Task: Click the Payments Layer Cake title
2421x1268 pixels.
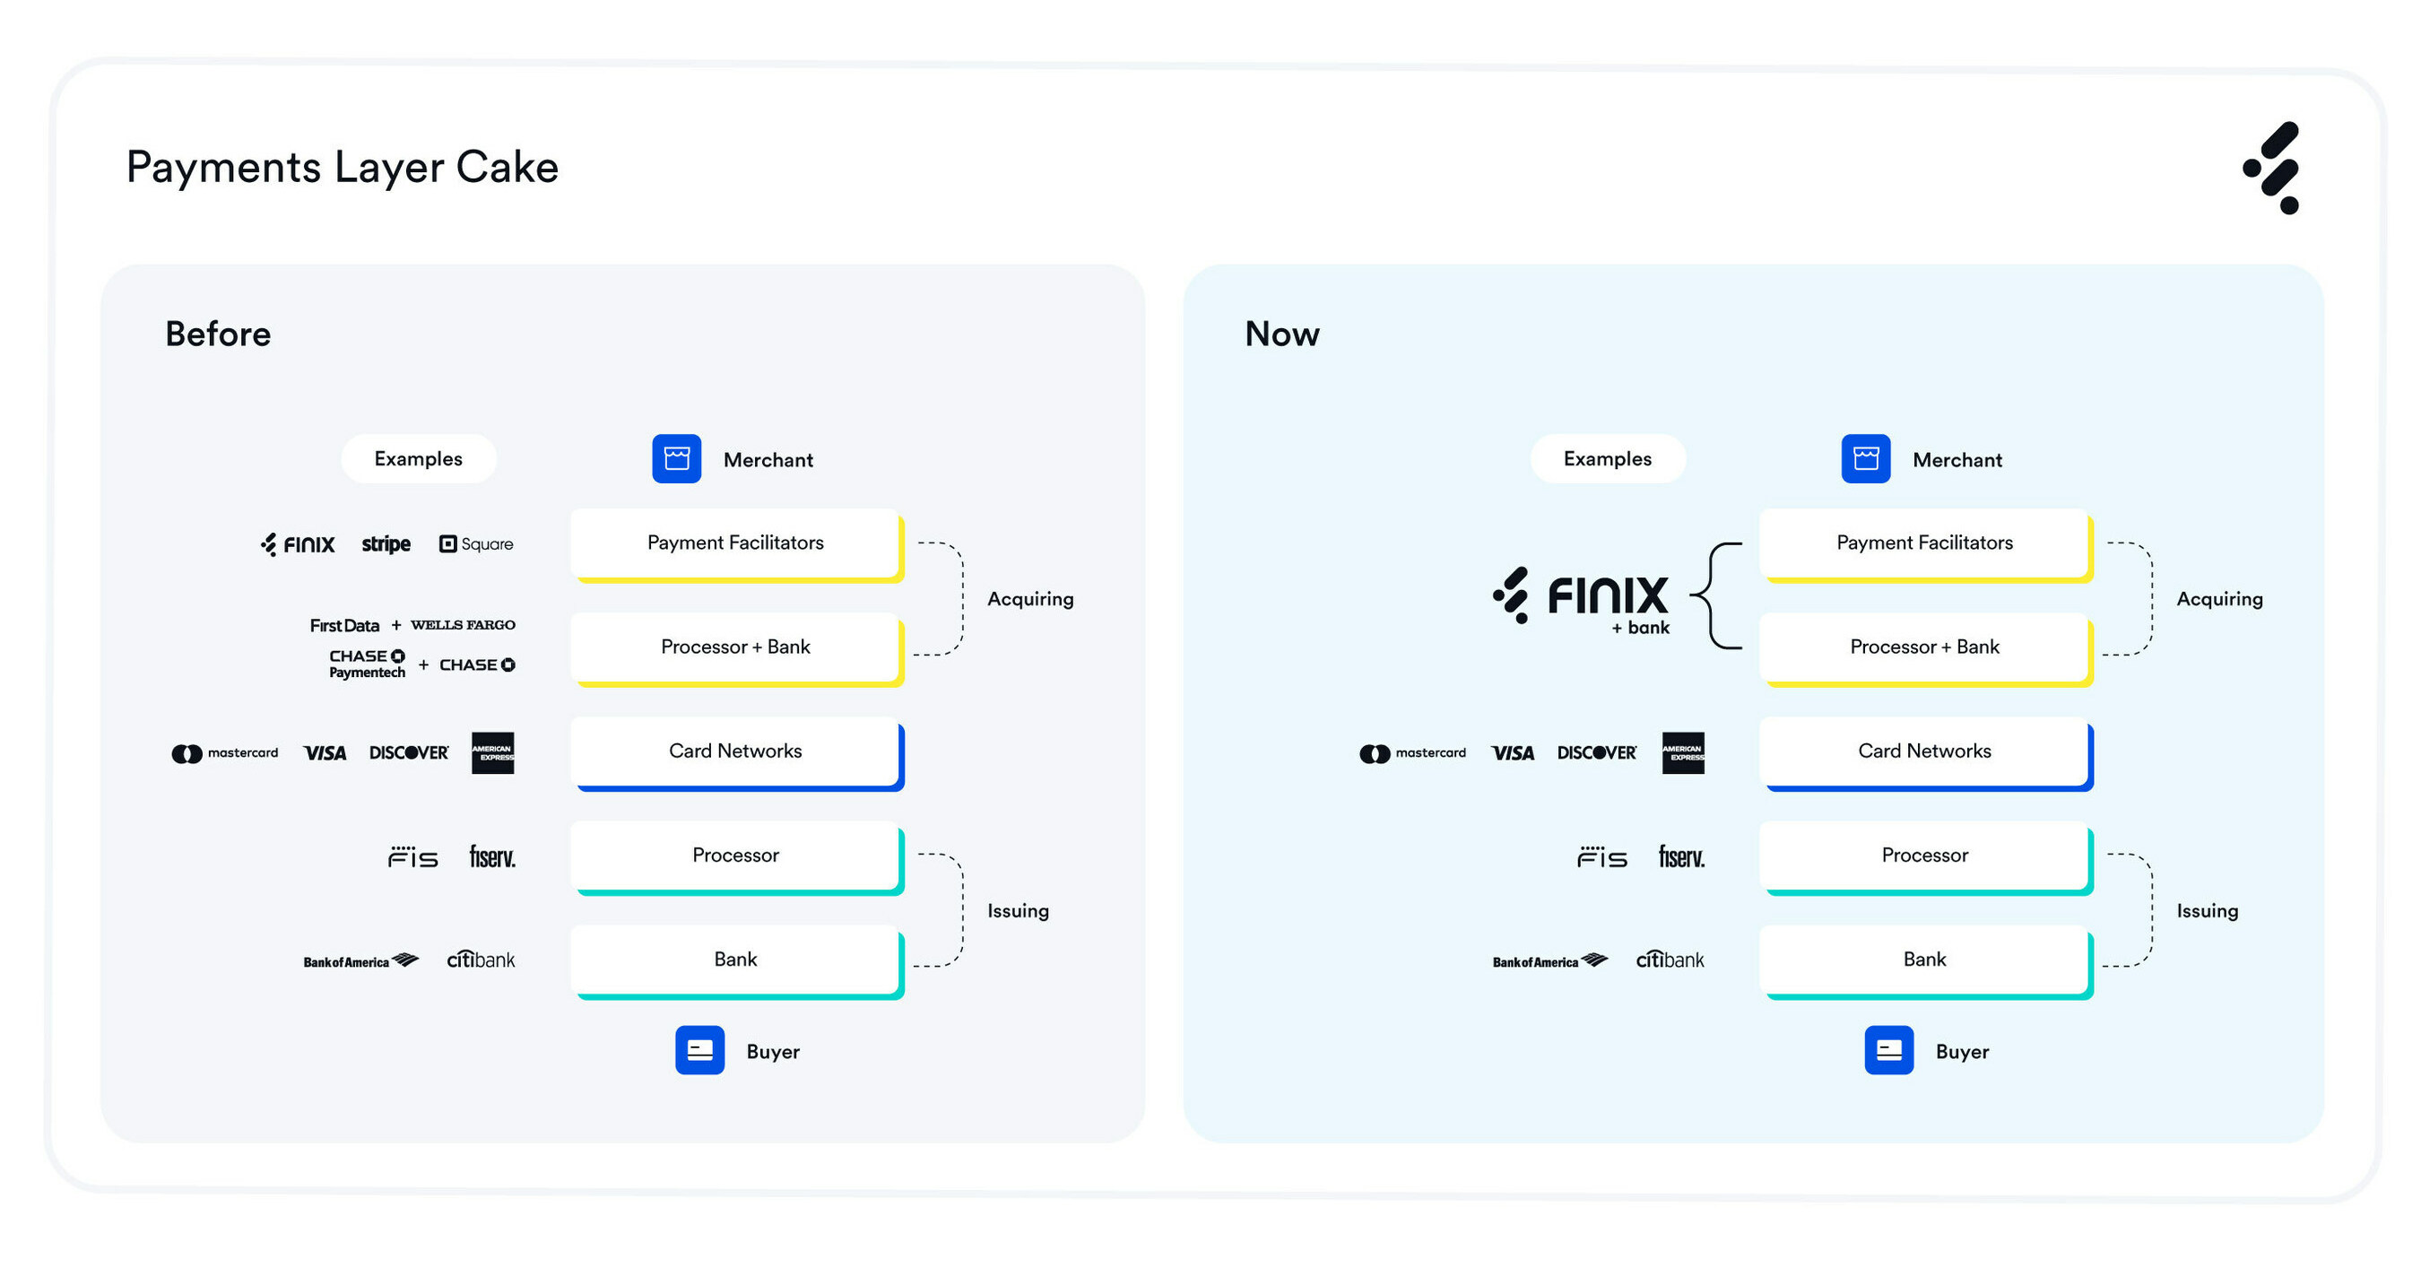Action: [x=343, y=168]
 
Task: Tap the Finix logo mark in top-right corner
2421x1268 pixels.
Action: [x=2272, y=168]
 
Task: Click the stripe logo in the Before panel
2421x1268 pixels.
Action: [x=386, y=544]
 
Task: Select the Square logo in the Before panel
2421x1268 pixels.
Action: [x=475, y=544]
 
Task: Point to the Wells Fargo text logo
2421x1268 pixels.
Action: [x=463, y=625]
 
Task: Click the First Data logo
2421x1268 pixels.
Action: [x=344, y=626]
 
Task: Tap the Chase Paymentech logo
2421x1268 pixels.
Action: [x=367, y=664]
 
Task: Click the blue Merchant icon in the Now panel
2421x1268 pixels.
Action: [x=1865, y=459]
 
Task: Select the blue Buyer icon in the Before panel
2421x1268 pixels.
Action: [x=699, y=1050]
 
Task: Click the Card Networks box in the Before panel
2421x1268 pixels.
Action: [x=735, y=751]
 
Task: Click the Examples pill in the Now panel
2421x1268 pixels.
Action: [x=1606, y=459]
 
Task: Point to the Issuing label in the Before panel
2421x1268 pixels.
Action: [x=1017, y=911]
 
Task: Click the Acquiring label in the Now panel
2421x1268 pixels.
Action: [x=2218, y=599]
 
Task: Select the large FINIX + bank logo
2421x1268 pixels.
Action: [x=1583, y=599]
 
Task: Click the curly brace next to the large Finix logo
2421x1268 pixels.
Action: [x=1716, y=596]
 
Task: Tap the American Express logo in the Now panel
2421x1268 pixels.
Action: [x=1682, y=753]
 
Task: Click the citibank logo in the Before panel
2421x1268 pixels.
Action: [x=481, y=960]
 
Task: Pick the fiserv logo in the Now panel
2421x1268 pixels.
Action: [x=1680, y=857]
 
